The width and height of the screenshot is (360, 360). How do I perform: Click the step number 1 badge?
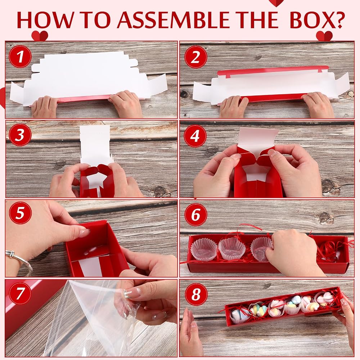coord(20,57)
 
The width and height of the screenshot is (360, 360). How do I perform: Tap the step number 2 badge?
coord(195,57)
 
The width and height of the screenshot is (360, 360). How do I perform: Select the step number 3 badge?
coord(20,135)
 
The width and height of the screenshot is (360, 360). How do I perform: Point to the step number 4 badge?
coord(195,136)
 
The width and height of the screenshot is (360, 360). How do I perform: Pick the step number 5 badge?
coord(20,213)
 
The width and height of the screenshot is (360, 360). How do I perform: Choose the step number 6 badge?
coord(195,215)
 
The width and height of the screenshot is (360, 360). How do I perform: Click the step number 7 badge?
coord(20,293)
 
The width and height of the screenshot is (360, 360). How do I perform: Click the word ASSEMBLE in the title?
coord(174,20)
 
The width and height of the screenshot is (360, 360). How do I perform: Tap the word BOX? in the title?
coord(317,20)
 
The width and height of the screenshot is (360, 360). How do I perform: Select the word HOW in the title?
coord(45,20)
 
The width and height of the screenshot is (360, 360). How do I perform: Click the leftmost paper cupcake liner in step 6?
coord(204,249)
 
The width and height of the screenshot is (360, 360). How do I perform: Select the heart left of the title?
coord(40,36)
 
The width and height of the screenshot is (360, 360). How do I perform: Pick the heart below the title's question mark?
coord(324,36)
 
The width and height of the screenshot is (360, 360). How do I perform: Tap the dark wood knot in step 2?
coord(184,94)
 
